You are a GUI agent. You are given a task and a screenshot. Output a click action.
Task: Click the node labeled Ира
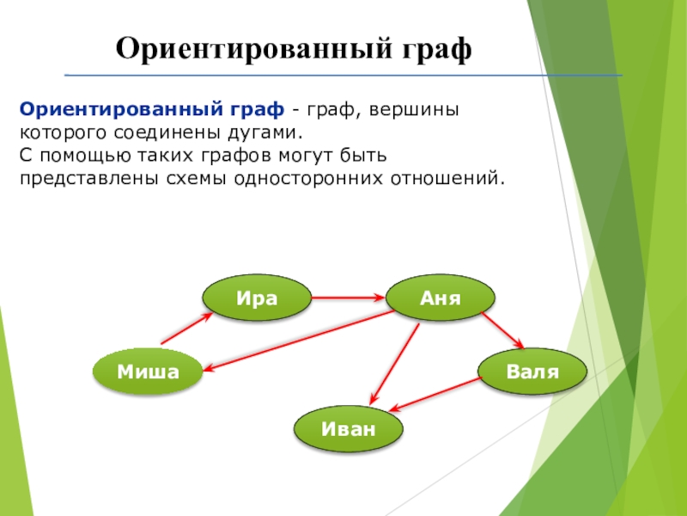point(257,298)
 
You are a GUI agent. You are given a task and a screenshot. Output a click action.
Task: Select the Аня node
point(441,298)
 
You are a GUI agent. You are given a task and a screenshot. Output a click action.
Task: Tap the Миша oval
point(148,372)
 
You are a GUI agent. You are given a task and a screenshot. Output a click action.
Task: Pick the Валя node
point(532,372)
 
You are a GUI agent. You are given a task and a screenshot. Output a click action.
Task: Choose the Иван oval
point(349,428)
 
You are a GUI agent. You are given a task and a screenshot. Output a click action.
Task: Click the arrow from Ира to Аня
point(349,298)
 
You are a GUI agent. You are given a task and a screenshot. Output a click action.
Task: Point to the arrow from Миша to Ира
point(187,329)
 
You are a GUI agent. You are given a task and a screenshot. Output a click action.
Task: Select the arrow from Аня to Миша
point(299,341)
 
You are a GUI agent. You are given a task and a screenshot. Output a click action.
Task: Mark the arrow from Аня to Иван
point(394,364)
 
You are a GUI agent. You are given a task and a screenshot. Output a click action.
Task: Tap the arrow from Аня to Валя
point(502,330)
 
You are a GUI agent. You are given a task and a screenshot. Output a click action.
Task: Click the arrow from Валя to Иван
point(436,395)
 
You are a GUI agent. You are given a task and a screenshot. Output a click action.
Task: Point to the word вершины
point(414,109)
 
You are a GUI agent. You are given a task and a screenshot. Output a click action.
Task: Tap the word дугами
point(264,132)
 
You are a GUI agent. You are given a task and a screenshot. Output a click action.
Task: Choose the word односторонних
point(308,179)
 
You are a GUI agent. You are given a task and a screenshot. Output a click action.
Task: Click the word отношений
point(445,179)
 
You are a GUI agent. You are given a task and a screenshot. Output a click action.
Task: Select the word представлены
point(88,179)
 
